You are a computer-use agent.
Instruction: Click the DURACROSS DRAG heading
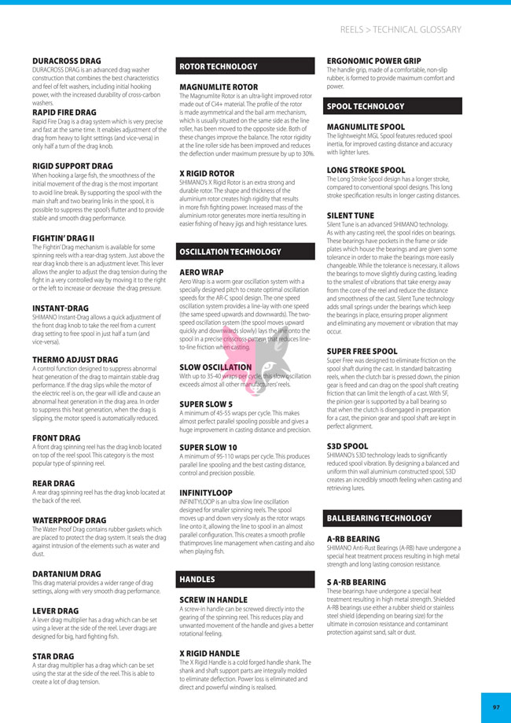coord(67,61)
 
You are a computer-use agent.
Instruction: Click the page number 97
coord(496,707)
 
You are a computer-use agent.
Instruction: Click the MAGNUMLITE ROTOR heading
coord(219,87)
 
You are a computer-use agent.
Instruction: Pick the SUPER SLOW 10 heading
coord(208,447)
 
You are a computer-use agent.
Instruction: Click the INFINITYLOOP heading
coord(207,492)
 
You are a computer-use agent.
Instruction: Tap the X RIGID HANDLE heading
coord(209,653)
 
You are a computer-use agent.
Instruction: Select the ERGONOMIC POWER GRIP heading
coord(373,61)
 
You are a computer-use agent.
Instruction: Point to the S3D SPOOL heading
coord(347,446)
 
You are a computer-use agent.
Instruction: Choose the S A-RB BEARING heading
coord(356,582)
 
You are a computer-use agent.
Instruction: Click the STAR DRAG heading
coord(53,656)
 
